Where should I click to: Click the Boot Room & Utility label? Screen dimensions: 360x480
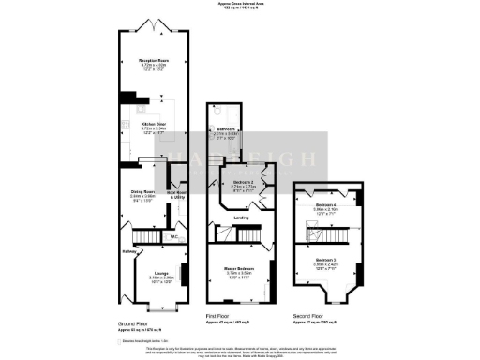pos(178,197)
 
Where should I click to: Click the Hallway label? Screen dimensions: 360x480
pos(129,251)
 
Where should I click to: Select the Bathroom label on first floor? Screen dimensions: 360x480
pos(225,129)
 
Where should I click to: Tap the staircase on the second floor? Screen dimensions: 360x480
pos(309,225)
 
